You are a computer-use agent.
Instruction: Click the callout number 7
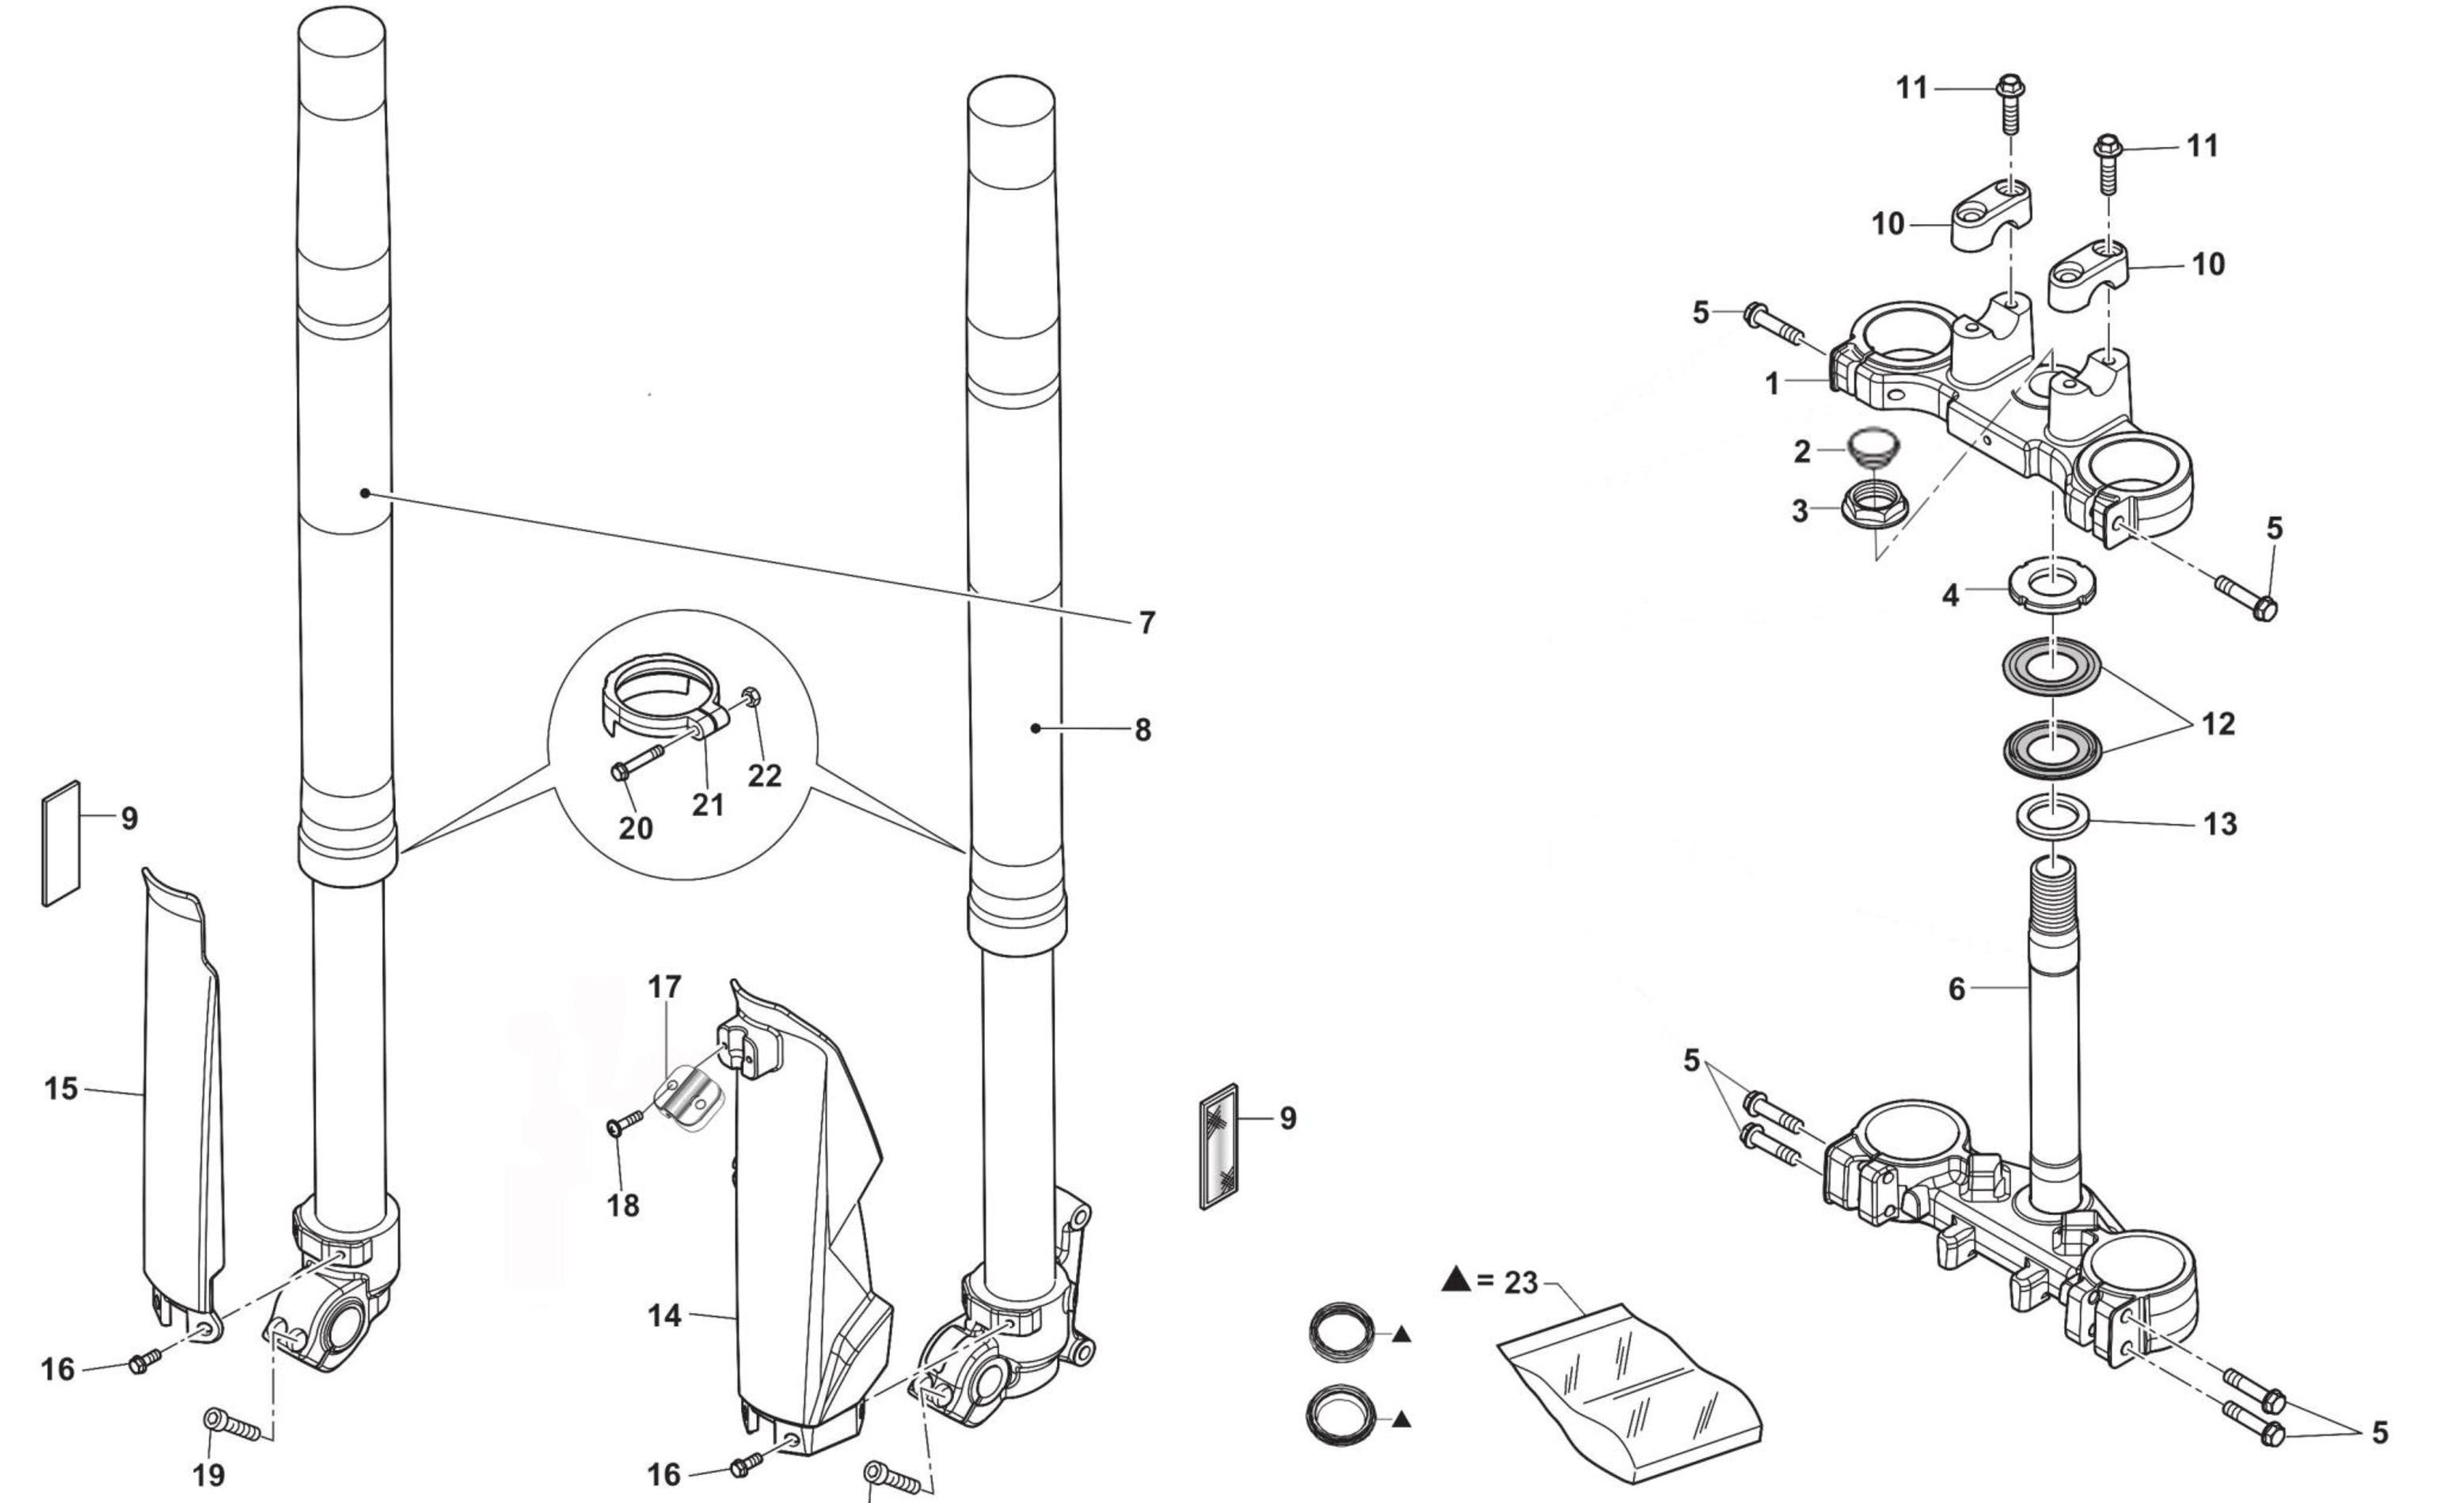click(1146, 623)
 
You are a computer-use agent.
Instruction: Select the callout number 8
click(1142, 731)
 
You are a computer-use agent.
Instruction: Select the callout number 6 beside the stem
click(1956, 990)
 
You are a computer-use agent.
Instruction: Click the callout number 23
click(1520, 1283)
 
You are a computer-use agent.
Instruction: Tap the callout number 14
click(664, 1316)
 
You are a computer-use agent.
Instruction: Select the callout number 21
click(707, 803)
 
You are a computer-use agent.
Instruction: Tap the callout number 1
click(1772, 384)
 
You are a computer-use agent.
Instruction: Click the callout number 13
click(2219, 824)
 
